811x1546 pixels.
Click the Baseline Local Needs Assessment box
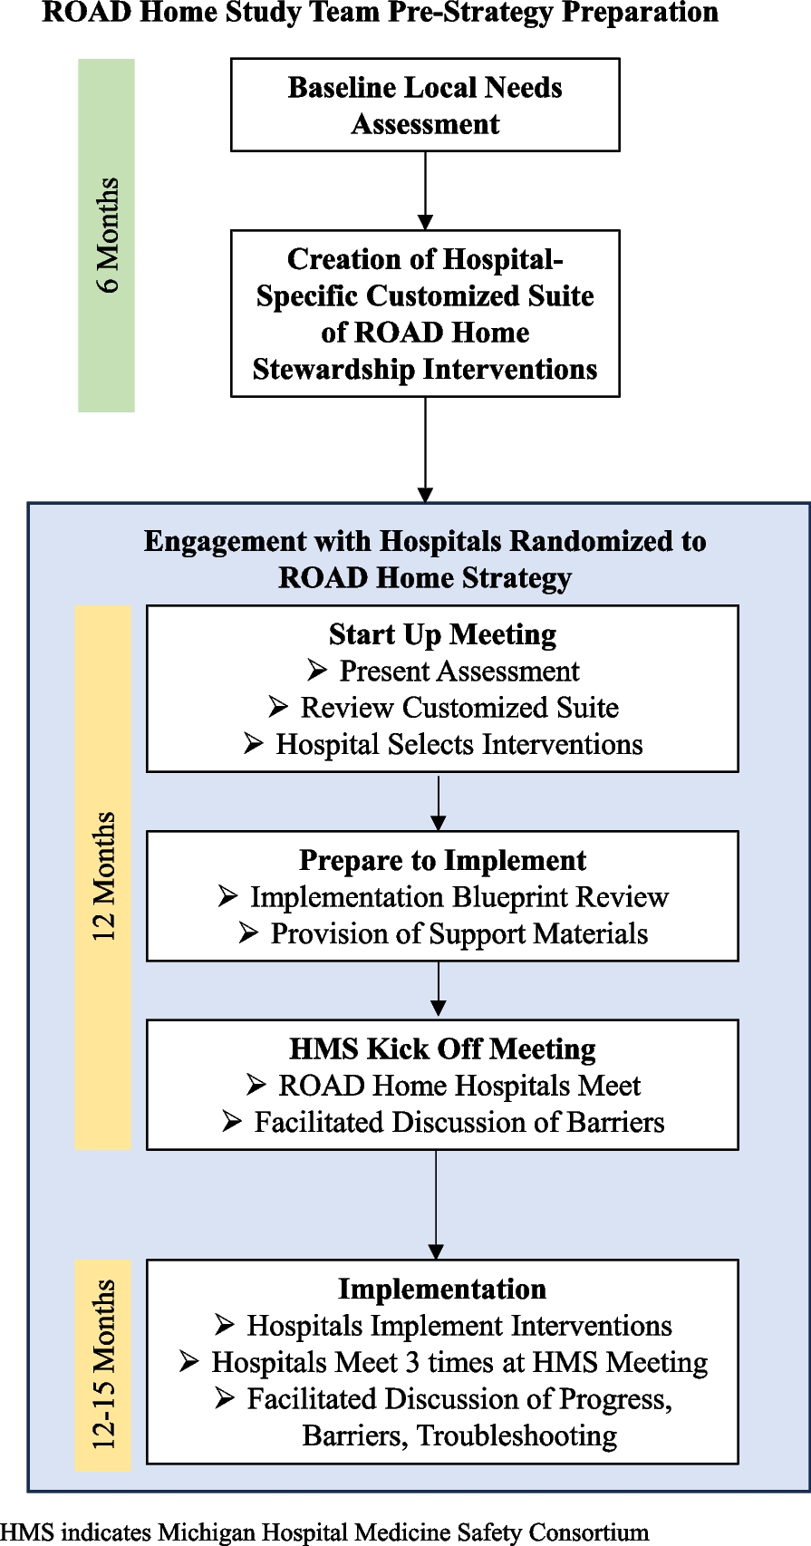(x=425, y=105)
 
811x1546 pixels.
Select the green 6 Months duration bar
(x=106, y=236)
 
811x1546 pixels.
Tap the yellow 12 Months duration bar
(x=102, y=877)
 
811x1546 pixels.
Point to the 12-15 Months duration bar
(x=102, y=1365)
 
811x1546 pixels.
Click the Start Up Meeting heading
(x=442, y=635)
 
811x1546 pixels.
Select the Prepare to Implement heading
(x=442, y=861)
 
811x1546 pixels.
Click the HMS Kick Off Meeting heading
(x=442, y=1049)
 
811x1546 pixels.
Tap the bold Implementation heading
(x=442, y=1290)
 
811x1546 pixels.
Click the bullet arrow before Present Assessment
(x=317, y=671)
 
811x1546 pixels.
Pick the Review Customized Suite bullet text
(x=459, y=708)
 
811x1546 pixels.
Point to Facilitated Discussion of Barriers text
(x=459, y=1122)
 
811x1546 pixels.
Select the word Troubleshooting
(x=517, y=1436)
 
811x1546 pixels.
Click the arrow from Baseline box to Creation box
(x=425, y=190)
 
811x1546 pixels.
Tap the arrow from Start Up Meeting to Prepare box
(x=439, y=802)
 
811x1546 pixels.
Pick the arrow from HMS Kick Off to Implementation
(x=436, y=1205)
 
